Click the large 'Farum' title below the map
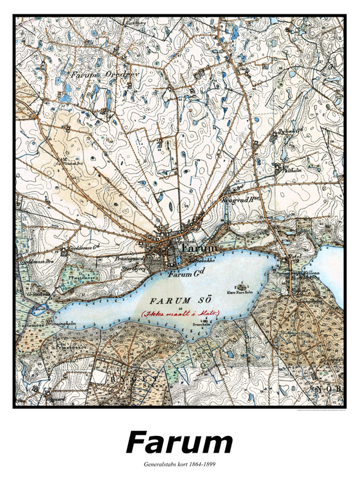click(179, 443)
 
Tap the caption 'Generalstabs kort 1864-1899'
click(179, 465)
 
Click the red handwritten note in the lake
click(180, 313)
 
